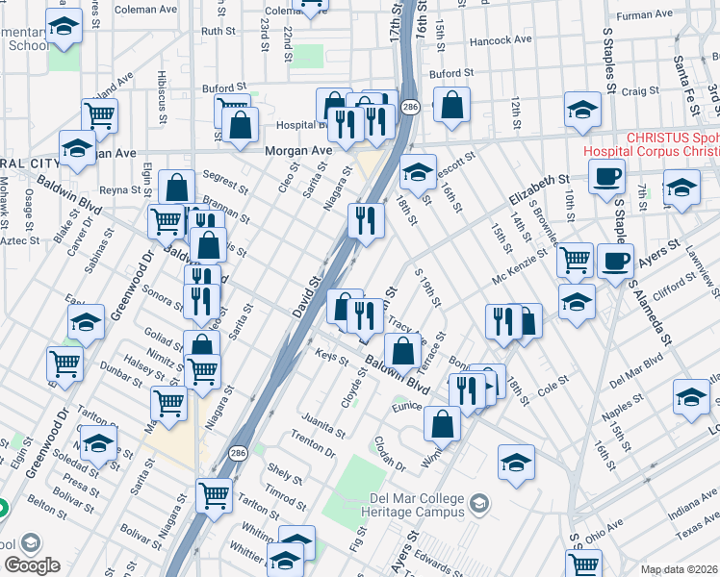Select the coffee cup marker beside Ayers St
pyautogui.click(x=616, y=261)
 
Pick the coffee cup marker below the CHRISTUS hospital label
pyautogui.click(x=606, y=177)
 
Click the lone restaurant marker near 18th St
pyautogui.click(x=366, y=220)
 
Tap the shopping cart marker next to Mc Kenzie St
pyautogui.click(x=575, y=259)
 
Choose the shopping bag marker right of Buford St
pyautogui.click(x=451, y=105)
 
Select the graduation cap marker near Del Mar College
pyautogui.click(x=517, y=464)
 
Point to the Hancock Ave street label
pyautogui.click(x=501, y=40)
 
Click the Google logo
pyautogui.click(x=33, y=564)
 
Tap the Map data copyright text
pyautogui.click(x=680, y=569)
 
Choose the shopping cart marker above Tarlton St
pyautogui.click(x=214, y=495)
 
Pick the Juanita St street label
pyautogui.click(x=321, y=418)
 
